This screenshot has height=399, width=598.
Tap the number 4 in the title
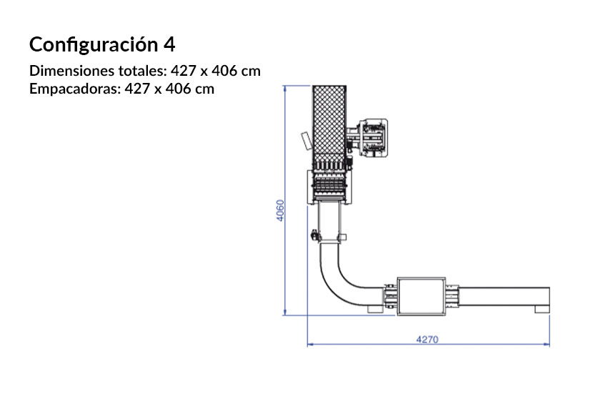169,44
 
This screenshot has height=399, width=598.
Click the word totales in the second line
143,72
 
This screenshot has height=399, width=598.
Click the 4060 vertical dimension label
281,210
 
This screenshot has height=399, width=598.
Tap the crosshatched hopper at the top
329,125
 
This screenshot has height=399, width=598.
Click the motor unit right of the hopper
372,136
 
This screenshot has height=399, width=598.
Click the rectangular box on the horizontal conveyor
422,296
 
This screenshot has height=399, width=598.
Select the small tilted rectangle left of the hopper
306,140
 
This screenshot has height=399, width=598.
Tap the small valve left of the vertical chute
314,233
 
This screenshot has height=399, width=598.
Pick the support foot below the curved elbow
374,310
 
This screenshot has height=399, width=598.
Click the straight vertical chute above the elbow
329,222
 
